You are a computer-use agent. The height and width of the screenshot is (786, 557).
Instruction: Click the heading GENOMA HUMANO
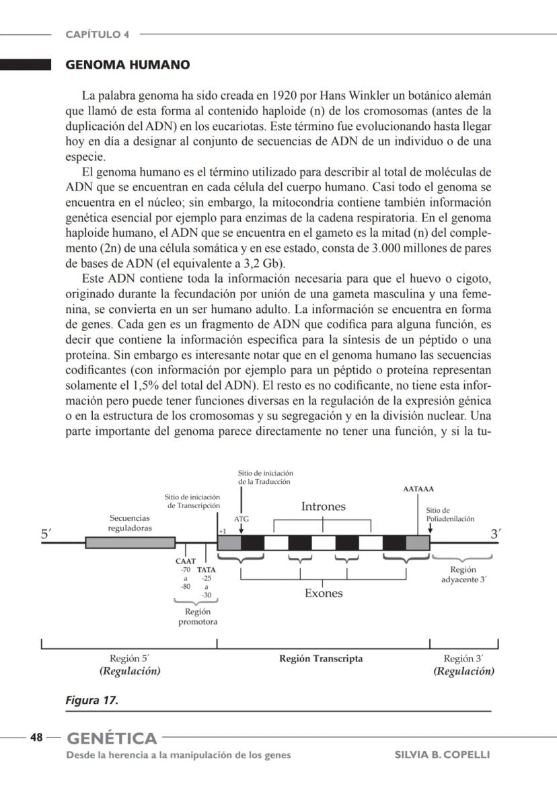pos(127,65)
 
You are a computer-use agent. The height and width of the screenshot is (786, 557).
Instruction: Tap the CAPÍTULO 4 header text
pos(98,34)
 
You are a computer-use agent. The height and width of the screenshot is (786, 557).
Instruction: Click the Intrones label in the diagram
pos(323,507)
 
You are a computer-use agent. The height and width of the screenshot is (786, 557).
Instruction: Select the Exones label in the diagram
pos(324,593)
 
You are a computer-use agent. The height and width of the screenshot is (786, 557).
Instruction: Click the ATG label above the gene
pos(241,520)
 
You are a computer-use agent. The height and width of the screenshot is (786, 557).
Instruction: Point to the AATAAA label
pos(418,489)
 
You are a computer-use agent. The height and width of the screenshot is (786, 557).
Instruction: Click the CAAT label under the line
pos(185,561)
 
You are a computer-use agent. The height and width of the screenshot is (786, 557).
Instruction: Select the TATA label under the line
pos(207,569)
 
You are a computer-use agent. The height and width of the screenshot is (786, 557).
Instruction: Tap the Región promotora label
pos(197,616)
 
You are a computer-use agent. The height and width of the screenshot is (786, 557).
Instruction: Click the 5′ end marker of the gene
pos(46,535)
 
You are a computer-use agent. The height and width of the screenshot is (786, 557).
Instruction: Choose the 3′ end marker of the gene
pos(496,534)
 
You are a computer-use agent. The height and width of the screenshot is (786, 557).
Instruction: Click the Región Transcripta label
pos(321,659)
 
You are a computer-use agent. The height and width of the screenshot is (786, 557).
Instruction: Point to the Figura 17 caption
pos(91,701)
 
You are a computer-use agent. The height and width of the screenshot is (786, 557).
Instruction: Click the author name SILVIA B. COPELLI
pos(442,754)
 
